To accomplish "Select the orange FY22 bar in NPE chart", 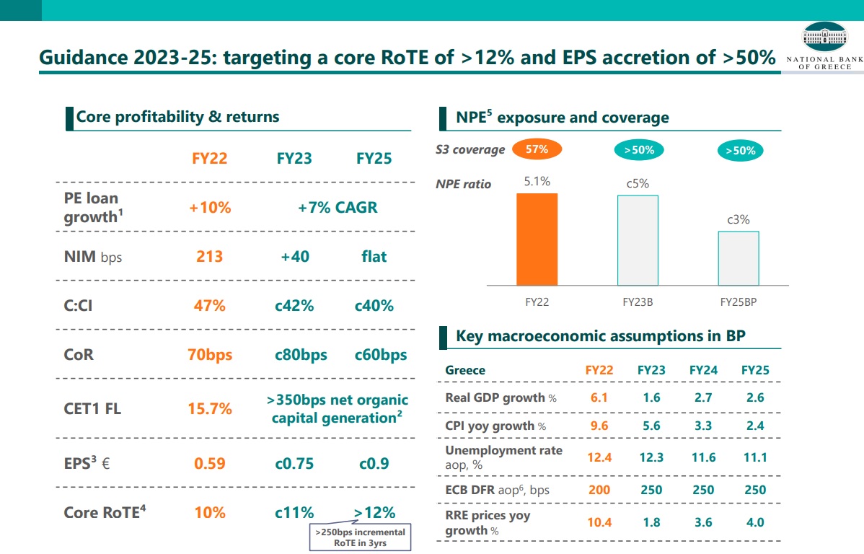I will (x=537, y=239).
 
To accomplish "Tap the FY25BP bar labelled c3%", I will (x=738, y=258).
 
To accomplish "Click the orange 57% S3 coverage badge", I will (x=537, y=150).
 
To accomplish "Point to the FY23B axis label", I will (x=638, y=302).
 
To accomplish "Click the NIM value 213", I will (x=210, y=256).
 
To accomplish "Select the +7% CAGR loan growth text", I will (x=338, y=208).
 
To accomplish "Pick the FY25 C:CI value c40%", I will (x=374, y=306).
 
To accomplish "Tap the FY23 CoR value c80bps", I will (x=301, y=355).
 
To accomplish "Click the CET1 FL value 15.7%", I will (x=210, y=409).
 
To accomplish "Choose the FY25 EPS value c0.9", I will (x=374, y=463).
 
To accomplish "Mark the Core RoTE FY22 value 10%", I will (x=210, y=513).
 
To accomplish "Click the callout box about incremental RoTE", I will (x=360, y=537).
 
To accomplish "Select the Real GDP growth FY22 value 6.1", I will (x=599, y=397).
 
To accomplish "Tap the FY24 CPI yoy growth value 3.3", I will (x=703, y=426).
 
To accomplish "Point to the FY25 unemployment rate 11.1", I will (x=755, y=457).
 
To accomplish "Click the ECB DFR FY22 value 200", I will (x=599, y=490).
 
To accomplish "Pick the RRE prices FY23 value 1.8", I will (x=651, y=522).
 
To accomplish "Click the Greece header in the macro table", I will (x=465, y=370).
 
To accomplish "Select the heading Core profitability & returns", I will (x=177, y=117).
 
